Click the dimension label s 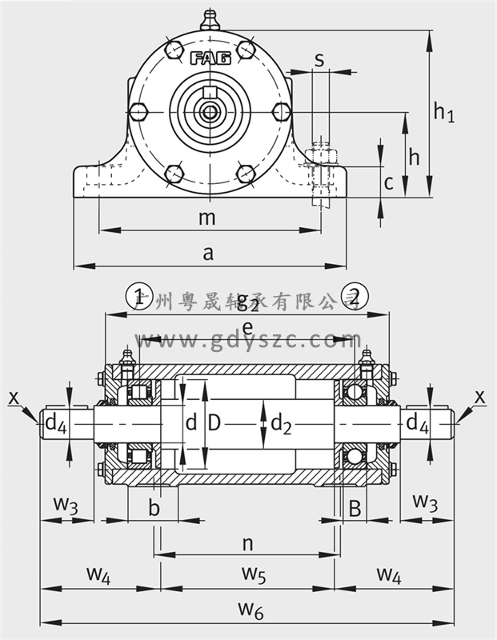(x=319, y=59)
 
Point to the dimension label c (x=388, y=183)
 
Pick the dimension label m (x=207, y=217)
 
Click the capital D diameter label (x=214, y=422)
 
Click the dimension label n (x=247, y=543)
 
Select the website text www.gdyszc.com (x=248, y=342)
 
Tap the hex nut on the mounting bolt (x=323, y=154)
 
